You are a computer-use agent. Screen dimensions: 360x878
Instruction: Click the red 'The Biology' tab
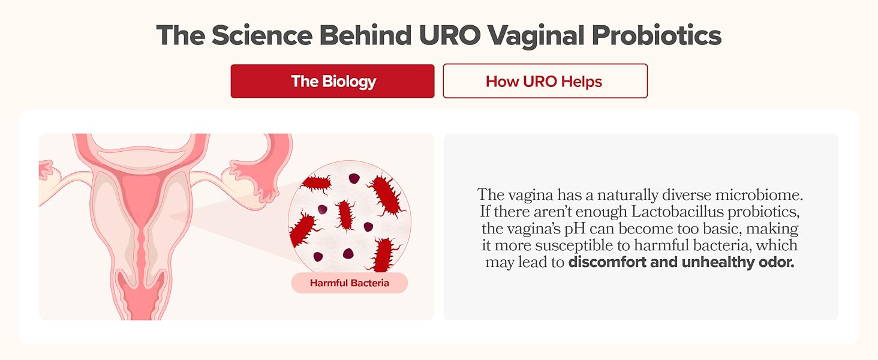[333, 81]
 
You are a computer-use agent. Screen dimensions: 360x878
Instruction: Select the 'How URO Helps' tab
[545, 81]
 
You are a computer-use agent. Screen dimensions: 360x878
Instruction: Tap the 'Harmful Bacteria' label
[349, 283]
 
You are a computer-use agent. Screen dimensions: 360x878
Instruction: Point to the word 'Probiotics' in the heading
[656, 36]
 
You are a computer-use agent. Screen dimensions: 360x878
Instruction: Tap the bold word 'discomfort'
[605, 263]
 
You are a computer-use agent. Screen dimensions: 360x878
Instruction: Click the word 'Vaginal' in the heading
[536, 36]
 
